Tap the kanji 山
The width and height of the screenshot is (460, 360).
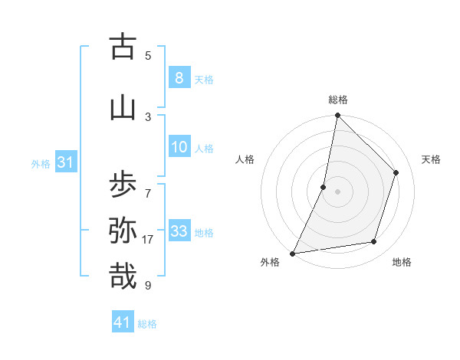click(123, 108)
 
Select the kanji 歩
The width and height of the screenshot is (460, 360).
click(123, 184)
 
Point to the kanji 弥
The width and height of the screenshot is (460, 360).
click(123, 230)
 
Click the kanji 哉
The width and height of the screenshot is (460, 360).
click(123, 276)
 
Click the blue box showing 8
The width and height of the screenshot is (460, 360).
click(179, 78)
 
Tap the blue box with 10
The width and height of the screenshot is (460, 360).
click(179, 147)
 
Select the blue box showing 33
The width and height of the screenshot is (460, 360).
click(179, 231)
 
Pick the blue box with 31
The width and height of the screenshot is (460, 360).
click(64, 162)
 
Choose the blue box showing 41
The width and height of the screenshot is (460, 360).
click(123, 322)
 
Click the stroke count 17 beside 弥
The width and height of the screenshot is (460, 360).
click(148, 240)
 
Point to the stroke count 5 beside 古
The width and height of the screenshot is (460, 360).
click(148, 55)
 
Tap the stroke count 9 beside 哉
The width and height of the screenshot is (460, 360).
click(148, 286)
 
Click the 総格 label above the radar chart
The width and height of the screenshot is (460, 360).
click(337, 100)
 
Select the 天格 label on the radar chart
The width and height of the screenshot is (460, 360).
click(431, 159)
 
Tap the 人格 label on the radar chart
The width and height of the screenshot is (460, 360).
click(245, 159)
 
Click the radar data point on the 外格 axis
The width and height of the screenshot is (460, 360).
click(292, 253)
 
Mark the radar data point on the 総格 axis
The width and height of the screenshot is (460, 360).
click(337, 116)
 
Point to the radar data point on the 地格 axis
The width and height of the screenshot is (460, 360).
click(374, 242)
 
